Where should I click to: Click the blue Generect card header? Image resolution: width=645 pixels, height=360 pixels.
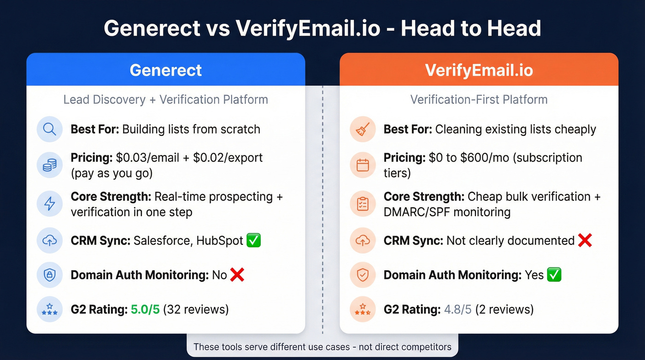click(166, 70)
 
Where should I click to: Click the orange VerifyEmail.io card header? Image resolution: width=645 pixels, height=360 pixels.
click(479, 70)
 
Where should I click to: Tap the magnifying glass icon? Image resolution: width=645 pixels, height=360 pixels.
click(49, 129)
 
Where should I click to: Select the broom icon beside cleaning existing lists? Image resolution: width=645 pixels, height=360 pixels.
click(363, 129)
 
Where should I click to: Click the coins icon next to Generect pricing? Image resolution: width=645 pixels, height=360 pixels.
click(49, 165)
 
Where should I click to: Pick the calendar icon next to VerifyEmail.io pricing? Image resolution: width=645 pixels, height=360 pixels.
click(363, 165)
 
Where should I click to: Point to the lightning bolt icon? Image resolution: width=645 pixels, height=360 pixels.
click(49, 204)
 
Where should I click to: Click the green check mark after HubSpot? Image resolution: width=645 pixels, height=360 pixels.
click(254, 240)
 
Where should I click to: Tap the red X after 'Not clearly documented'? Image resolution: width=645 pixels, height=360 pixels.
click(585, 240)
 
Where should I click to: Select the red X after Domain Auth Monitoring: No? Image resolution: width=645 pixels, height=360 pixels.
click(237, 275)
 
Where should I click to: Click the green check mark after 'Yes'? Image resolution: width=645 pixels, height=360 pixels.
click(554, 275)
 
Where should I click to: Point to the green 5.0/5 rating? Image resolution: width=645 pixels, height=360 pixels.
click(145, 309)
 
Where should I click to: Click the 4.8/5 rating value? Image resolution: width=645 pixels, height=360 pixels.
click(458, 309)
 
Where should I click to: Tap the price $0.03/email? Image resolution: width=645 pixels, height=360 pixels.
click(147, 158)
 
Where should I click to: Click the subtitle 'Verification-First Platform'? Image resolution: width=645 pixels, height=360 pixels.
click(479, 100)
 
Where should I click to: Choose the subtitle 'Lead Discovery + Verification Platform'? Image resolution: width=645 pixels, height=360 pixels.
click(165, 100)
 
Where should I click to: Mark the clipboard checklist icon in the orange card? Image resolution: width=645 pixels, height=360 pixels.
click(363, 204)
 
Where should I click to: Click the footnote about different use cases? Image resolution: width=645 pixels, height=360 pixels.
click(322, 347)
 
